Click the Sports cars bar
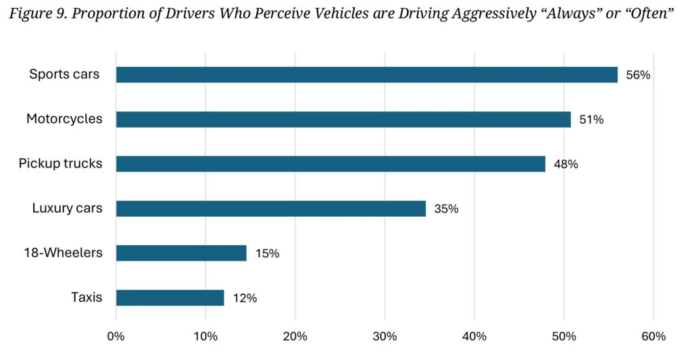point(366,75)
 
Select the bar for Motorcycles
point(343,120)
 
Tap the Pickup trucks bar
point(330,164)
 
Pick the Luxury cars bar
point(271,209)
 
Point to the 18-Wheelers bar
point(181,253)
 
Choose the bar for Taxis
point(170,298)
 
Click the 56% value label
point(638,75)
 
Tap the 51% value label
point(591,120)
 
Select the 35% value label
point(446,209)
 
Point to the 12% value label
point(245,298)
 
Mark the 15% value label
point(267,253)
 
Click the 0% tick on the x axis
point(116,336)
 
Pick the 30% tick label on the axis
point(385,336)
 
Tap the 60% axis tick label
point(653,336)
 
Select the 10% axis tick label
point(205,336)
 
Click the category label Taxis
point(86,297)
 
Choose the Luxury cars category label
point(67,208)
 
